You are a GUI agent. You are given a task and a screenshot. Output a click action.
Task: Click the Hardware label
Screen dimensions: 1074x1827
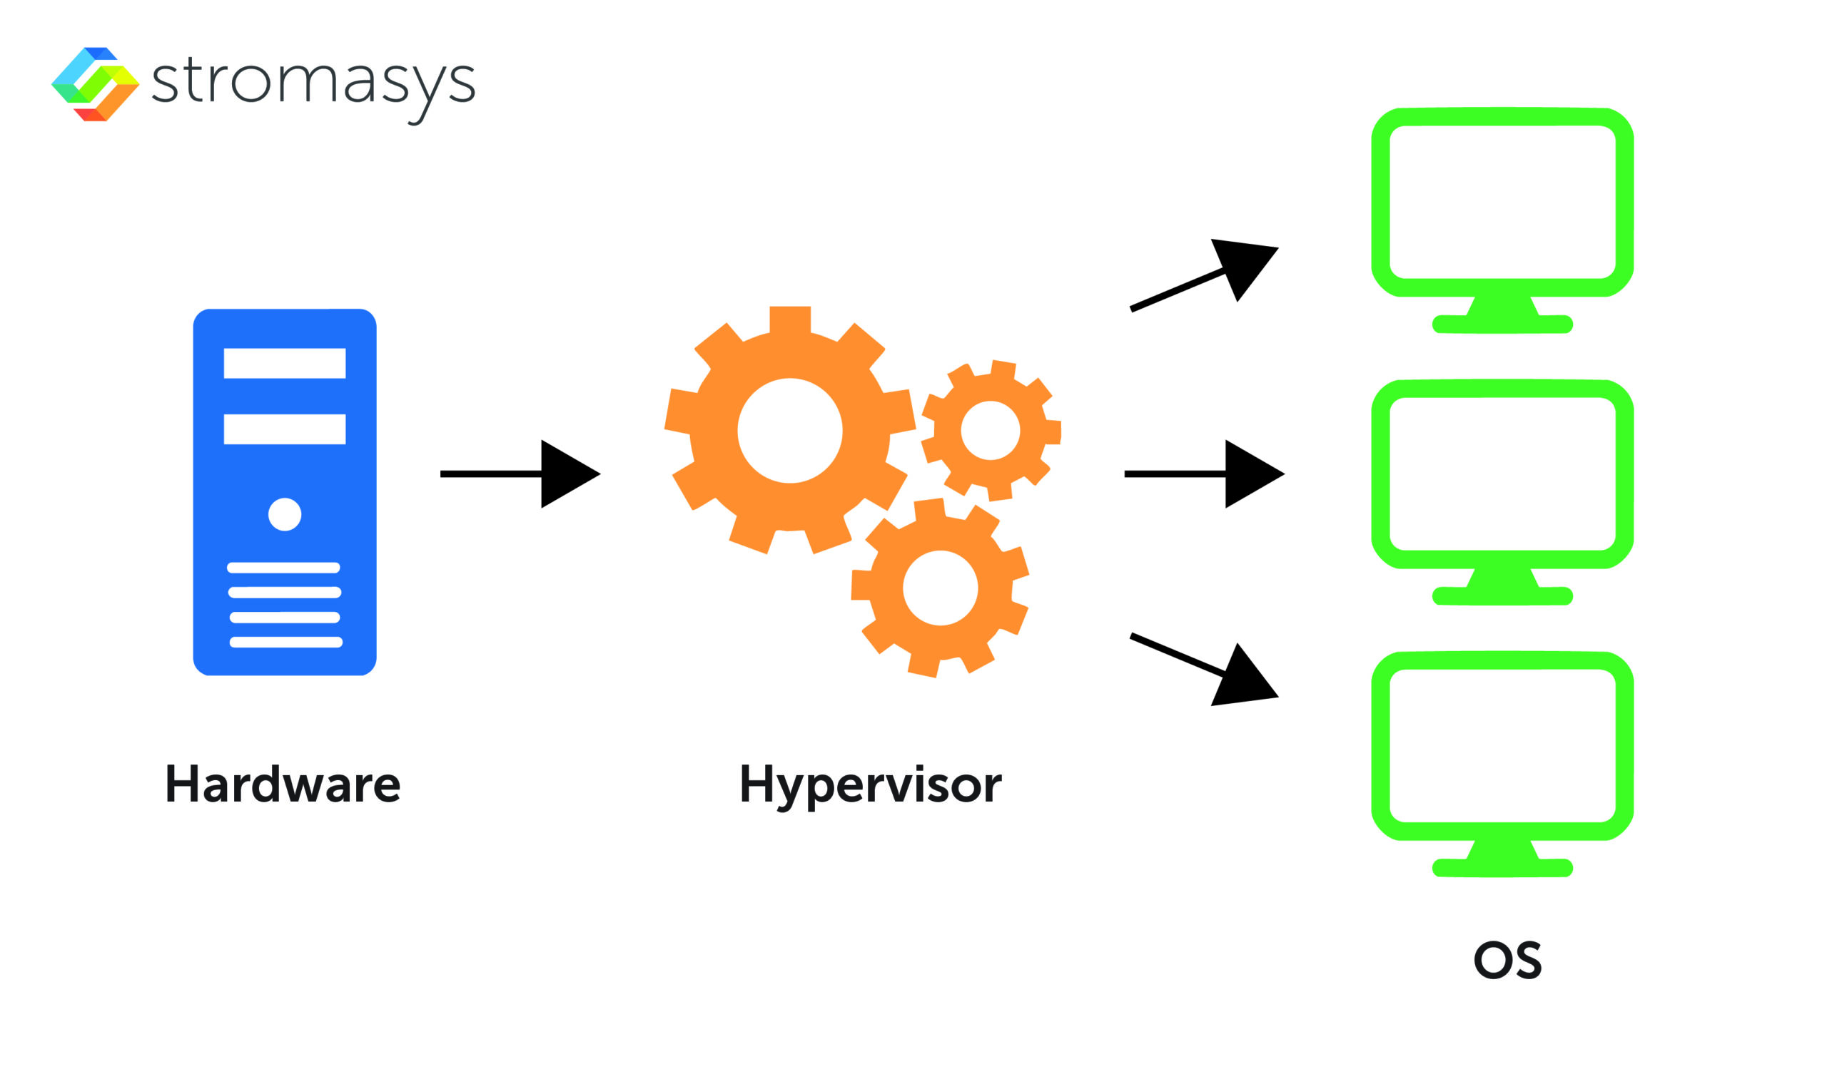(x=283, y=784)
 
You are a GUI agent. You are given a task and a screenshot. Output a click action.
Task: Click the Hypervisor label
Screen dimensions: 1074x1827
(x=870, y=786)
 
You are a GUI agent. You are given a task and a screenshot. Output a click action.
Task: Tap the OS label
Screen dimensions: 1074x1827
(x=1508, y=960)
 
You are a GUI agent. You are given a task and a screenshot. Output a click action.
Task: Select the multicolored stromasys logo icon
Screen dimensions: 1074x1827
(x=95, y=84)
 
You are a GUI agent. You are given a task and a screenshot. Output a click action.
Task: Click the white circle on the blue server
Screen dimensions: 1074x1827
(x=284, y=514)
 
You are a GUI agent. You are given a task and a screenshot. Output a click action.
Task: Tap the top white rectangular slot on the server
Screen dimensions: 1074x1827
(x=284, y=363)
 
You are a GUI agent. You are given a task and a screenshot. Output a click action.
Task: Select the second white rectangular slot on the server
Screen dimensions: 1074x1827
(x=284, y=429)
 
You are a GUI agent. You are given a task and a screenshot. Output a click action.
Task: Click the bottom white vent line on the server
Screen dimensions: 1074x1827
(x=285, y=642)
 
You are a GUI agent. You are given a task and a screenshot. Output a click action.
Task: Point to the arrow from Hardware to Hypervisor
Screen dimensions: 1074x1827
(x=522, y=474)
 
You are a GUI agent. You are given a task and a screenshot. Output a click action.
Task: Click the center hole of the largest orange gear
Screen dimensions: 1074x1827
(x=789, y=431)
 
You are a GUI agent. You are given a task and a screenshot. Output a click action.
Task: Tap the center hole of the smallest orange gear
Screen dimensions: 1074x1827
(x=991, y=431)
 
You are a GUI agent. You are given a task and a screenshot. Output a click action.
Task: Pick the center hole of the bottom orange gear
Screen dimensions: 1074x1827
(x=941, y=588)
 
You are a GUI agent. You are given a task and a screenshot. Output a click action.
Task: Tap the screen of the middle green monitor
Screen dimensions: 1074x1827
(x=1502, y=474)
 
